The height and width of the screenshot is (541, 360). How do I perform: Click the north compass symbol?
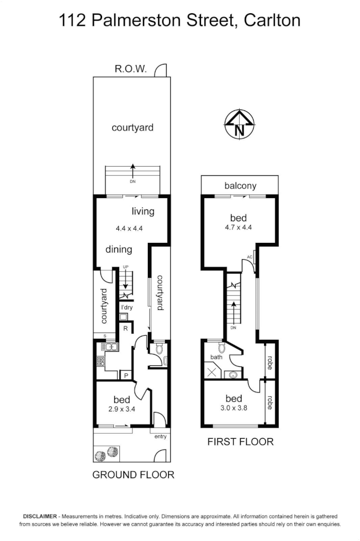coord(239,124)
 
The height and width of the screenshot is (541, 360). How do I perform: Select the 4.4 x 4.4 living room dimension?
coord(129,229)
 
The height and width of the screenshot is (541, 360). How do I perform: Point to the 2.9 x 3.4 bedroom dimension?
coord(122,408)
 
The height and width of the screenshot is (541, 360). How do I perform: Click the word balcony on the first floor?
coord(240,186)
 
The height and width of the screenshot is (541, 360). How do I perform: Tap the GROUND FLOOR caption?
coord(133,475)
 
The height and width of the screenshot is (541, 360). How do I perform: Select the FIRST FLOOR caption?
coord(240,441)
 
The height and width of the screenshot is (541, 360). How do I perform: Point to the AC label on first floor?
coord(249,257)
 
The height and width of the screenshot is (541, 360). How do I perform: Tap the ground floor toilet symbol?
coord(158,348)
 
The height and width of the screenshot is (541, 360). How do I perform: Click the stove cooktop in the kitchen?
coord(101,362)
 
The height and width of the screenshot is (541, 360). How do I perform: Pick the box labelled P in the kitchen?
coord(125,375)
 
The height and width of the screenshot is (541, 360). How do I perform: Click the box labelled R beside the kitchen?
coord(125,329)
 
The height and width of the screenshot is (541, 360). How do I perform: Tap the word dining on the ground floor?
coord(119,249)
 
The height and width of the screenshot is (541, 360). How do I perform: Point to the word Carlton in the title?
coord(272,20)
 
